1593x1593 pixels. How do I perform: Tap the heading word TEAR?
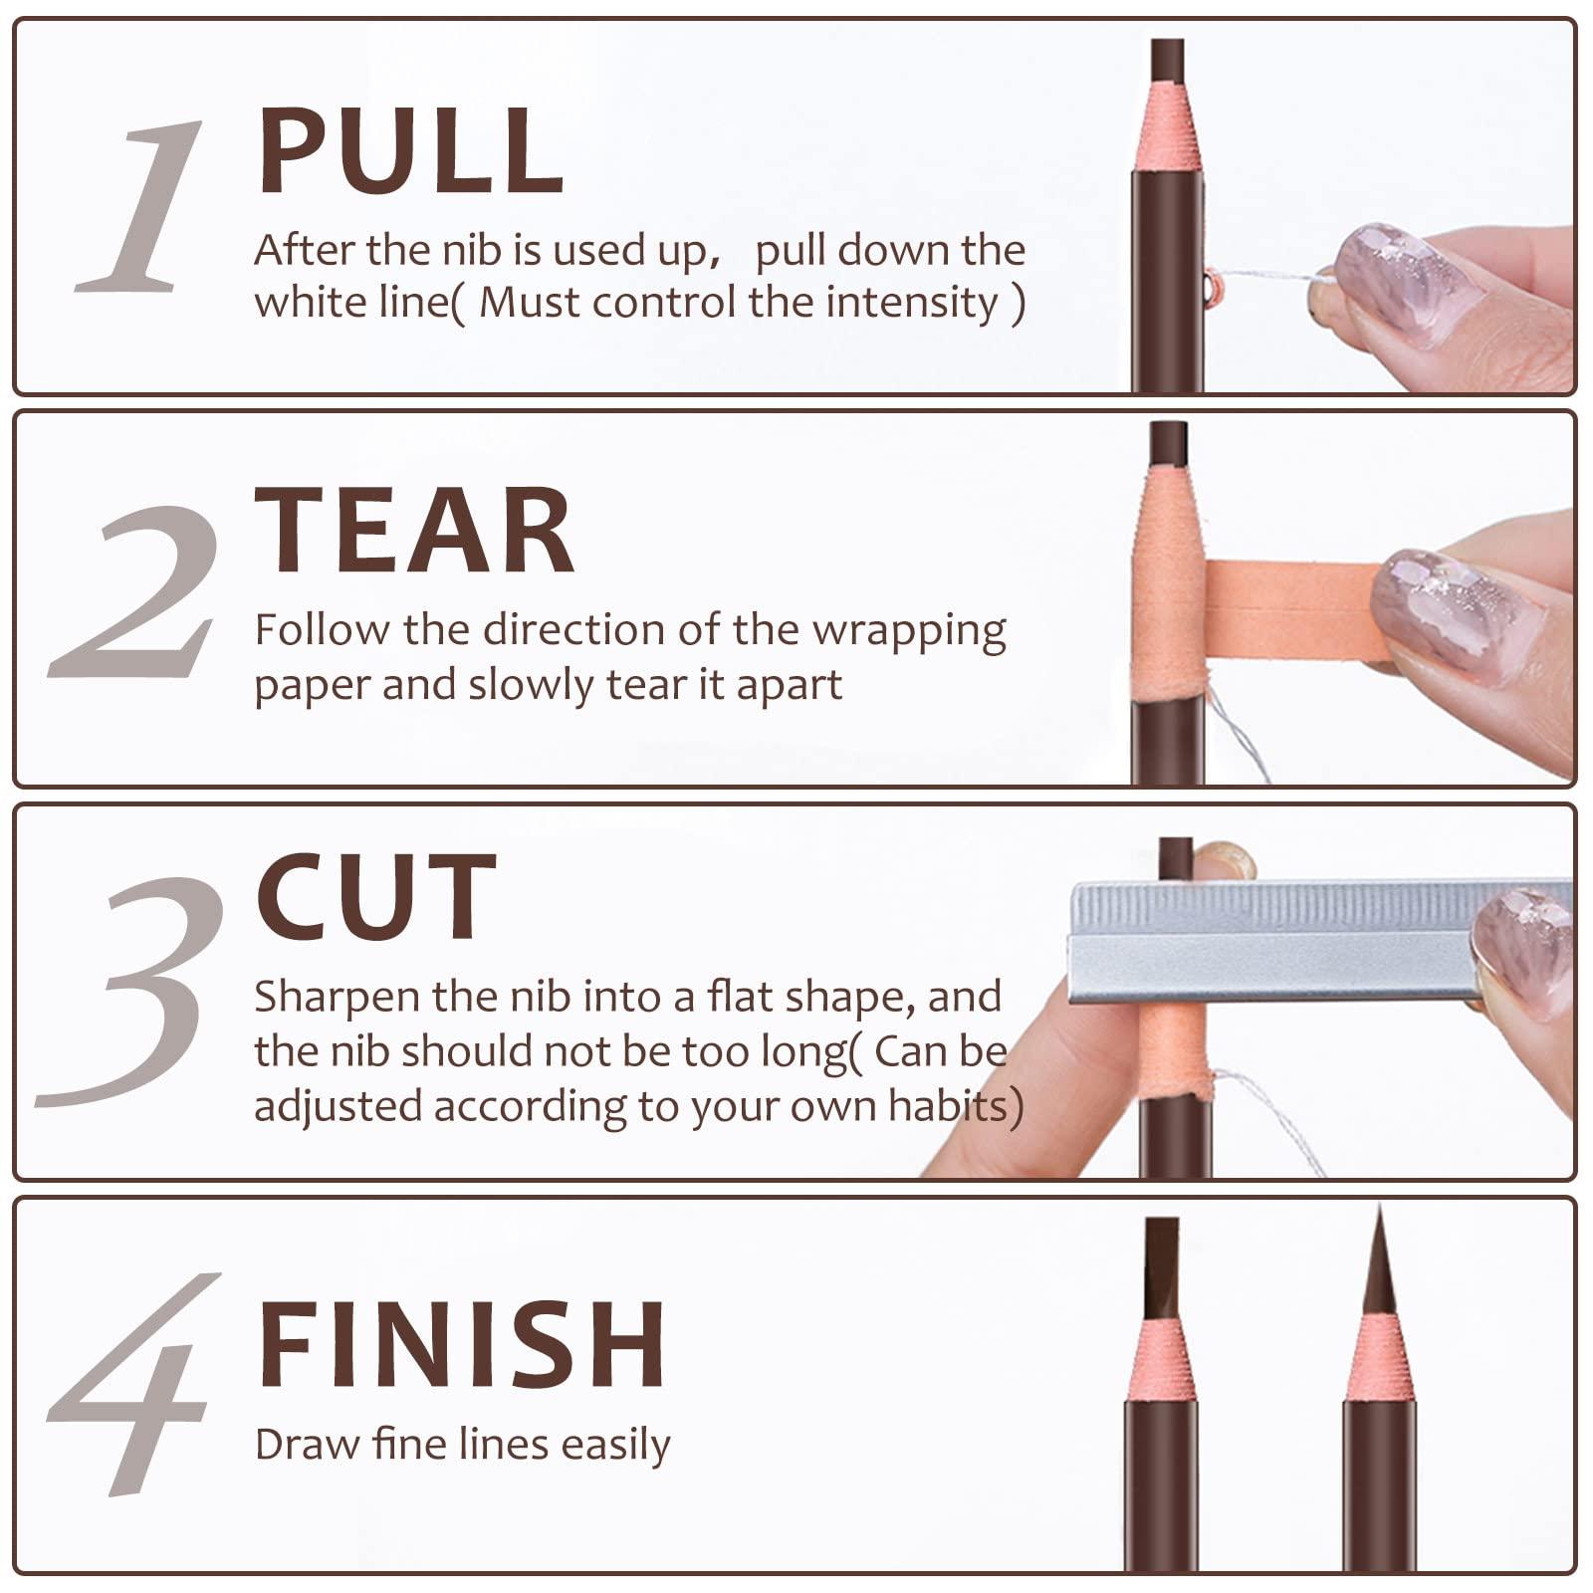click(x=413, y=531)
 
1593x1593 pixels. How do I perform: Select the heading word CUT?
click(x=375, y=898)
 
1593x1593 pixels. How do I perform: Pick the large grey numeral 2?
click(x=134, y=592)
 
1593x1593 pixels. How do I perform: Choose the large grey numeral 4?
click(x=134, y=1384)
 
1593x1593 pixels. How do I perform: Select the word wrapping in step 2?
click(x=908, y=631)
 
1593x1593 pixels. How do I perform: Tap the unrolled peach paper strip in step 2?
click(x=1294, y=610)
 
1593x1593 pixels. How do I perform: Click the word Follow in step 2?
click(x=321, y=630)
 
